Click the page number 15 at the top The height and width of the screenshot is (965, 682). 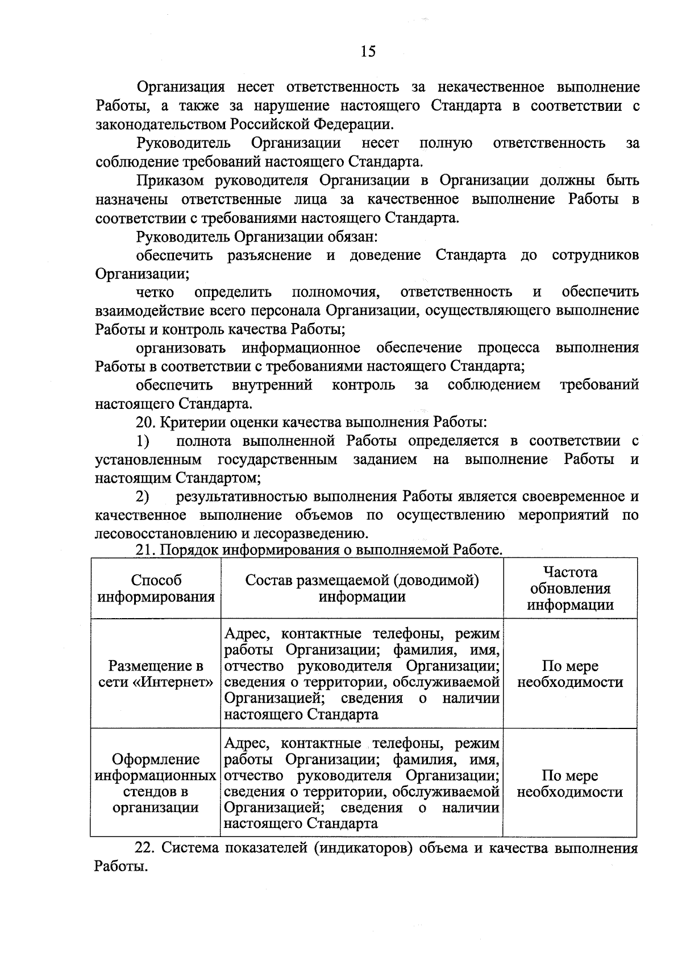[368, 52]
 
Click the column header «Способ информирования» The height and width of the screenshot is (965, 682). [156, 588]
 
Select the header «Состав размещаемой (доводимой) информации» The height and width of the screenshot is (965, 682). [361, 588]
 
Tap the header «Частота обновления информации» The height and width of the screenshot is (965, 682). [569, 588]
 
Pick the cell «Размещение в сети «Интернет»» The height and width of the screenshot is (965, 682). [156, 674]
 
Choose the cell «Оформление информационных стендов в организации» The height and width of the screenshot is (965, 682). [156, 783]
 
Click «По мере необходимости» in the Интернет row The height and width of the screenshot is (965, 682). [569, 674]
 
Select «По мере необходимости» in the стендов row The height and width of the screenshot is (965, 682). [569, 784]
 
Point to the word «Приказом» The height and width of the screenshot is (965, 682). [172, 181]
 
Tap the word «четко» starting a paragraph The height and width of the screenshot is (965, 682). [155, 292]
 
